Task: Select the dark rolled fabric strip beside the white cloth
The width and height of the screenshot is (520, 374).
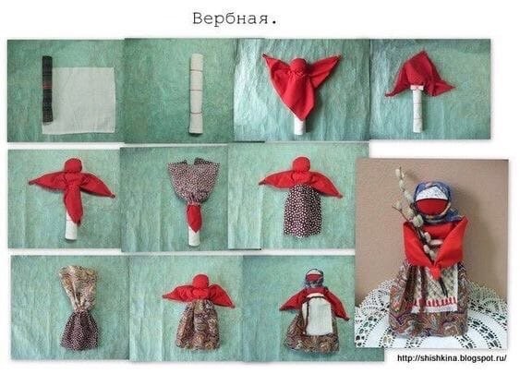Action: click(47, 89)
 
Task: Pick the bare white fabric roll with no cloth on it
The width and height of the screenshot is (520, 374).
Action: click(195, 92)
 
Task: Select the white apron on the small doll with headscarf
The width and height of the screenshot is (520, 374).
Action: click(316, 316)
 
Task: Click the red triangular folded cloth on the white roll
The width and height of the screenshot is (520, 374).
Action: click(420, 73)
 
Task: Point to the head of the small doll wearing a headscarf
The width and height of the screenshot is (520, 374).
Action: click(314, 277)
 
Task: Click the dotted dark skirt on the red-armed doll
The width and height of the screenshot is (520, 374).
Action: click(301, 210)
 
